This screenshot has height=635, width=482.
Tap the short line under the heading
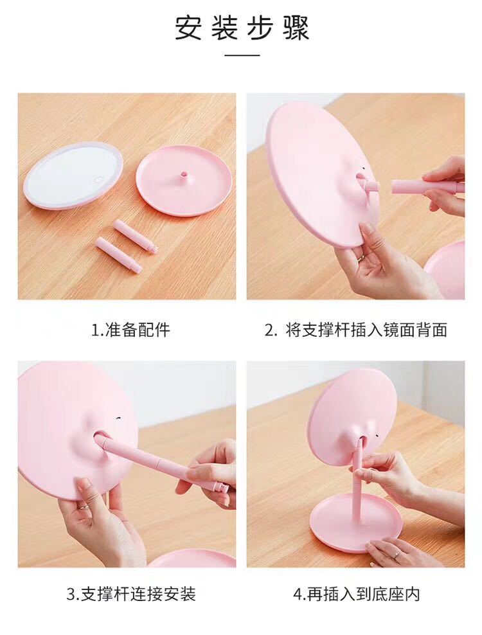pyautogui.click(x=242, y=56)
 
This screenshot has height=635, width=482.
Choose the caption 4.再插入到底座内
pyautogui.click(x=356, y=593)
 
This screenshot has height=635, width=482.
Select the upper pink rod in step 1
pyautogui.click(x=135, y=236)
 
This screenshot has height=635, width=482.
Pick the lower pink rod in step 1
pyautogui.click(x=118, y=255)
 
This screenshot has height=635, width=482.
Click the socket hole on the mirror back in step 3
pyautogui.click(x=101, y=439)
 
